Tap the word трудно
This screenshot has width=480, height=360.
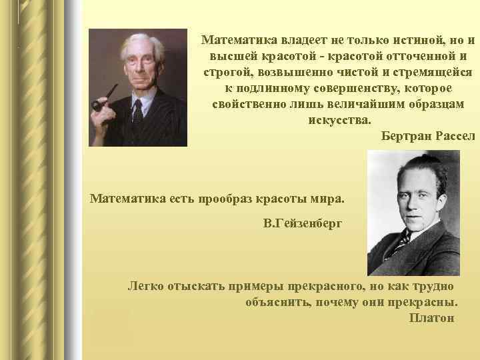(434, 286)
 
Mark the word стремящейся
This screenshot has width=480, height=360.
(436, 72)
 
